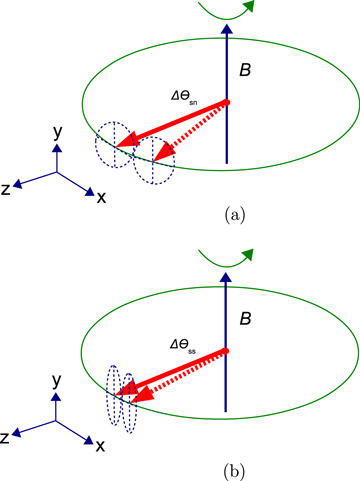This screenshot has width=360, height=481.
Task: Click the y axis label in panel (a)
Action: tap(59, 131)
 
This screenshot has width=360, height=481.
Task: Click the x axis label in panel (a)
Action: tap(101, 197)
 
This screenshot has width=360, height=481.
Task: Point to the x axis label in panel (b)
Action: tap(101, 445)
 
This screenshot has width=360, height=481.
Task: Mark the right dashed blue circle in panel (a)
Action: tap(155, 160)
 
